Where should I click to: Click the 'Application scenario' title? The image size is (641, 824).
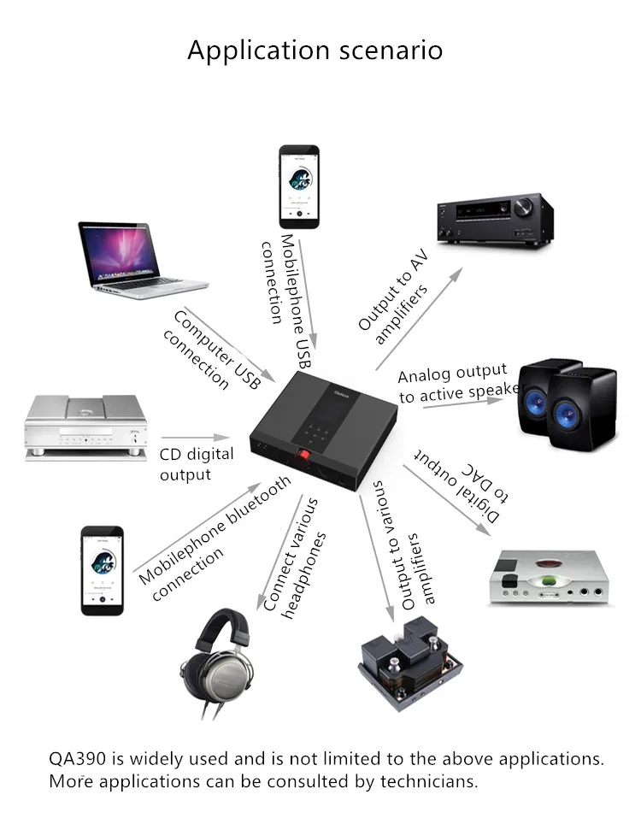(315, 50)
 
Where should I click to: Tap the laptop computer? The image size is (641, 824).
(136, 259)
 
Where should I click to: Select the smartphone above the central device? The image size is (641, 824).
(299, 186)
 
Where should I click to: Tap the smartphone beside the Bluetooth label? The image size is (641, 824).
(102, 569)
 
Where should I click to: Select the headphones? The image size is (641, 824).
(217, 657)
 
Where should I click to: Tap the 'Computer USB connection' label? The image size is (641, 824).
(210, 350)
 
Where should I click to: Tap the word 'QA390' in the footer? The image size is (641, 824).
(77, 758)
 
